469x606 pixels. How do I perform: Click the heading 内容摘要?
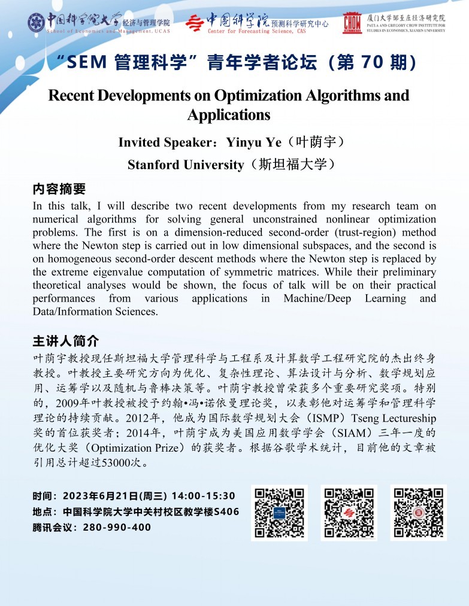point(59,190)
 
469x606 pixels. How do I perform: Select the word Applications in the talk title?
point(229,114)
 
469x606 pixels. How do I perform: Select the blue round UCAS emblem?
point(36,23)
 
